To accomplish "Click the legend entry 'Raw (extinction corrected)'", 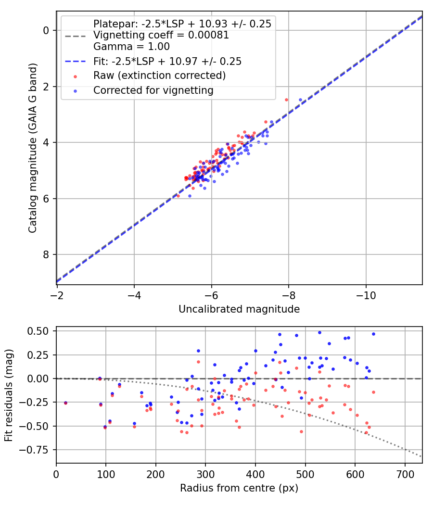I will click(x=159, y=76).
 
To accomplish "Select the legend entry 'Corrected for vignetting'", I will click(x=153, y=90).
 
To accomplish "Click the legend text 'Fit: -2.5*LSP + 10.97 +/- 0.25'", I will click(x=167, y=62).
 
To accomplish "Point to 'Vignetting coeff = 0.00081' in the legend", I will click(x=161, y=35).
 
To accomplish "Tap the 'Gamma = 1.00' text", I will click(x=131, y=47).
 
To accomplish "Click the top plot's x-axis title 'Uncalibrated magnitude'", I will click(x=239, y=309).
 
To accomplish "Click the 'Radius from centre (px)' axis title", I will click(x=239, y=488).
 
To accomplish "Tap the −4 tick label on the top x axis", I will click(x=134, y=294).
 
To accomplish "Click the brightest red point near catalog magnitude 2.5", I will click(x=286, y=100).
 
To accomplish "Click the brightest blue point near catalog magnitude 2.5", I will click(x=300, y=100).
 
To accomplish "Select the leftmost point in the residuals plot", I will click(x=65, y=403).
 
